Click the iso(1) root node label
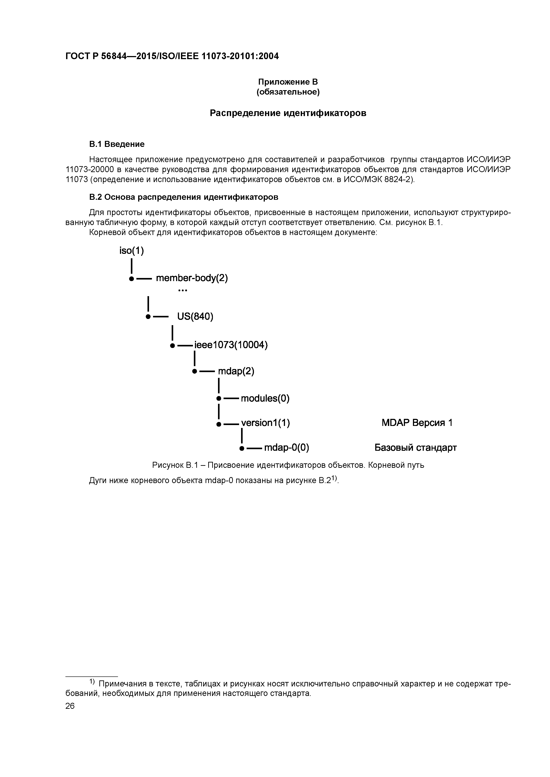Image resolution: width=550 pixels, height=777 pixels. tap(132, 251)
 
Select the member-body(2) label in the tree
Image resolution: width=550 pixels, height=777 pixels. tap(192, 278)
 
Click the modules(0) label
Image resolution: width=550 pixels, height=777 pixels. tap(265, 398)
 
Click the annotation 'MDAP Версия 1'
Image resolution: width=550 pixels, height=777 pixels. tap(417, 423)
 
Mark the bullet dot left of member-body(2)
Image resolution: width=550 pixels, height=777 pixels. tap(131, 279)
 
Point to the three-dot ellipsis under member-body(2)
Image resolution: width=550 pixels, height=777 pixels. tap(182, 290)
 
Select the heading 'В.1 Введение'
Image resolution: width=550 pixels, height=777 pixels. tap(117, 144)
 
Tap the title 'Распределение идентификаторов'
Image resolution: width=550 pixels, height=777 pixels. tap(288, 113)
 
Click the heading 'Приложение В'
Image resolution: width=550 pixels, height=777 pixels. tap(288, 82)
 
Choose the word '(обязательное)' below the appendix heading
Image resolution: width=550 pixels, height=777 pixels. tap(288, 92)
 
